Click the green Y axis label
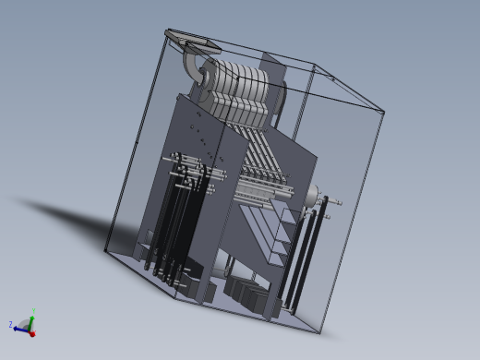pyautogui.click(x=34, y=311)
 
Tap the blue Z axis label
pyautogui.click(x=10, y=324)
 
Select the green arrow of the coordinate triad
pyautogui.click(x=32, y=320)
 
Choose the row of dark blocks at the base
pyautogui.click(x=249, y=294)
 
